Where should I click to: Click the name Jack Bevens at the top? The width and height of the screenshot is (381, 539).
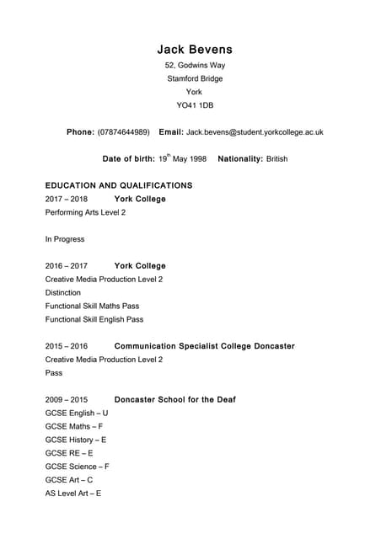click(x=194, y=50)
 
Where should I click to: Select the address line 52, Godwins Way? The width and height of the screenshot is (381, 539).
click(x=195, y=66)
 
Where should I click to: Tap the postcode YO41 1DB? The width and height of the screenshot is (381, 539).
click(x=195, y=105)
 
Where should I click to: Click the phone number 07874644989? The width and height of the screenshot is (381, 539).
click(x=124, y=132)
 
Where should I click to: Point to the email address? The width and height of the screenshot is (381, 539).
click(x=255, y=132)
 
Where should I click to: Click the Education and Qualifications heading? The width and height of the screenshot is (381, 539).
click(x=119, y=185)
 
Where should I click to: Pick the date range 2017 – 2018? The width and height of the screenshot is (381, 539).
click(x=67, y=199)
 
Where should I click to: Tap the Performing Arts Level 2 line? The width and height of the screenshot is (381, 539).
click(x=85, y=212)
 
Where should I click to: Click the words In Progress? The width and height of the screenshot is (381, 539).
click(x=65, y=239)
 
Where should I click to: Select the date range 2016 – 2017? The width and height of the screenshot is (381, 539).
click(x=67, y=266)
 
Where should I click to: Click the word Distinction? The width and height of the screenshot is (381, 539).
click(x=65, y=292)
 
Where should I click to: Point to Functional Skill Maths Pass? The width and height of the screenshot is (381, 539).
click(x=93, y=306)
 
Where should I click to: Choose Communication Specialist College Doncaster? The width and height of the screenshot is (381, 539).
click(x=204, y=346)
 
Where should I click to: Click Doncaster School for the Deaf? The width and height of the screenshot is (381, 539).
click(x=174, y=399)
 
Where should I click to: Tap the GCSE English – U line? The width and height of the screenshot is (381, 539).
click(x=77, y=413)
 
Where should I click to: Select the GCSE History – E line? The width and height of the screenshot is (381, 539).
click(x=76, y=440)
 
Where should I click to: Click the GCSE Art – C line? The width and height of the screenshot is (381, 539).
click(x=69, y=479)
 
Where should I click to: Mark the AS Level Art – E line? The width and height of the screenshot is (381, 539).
click(x=73, y=493)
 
